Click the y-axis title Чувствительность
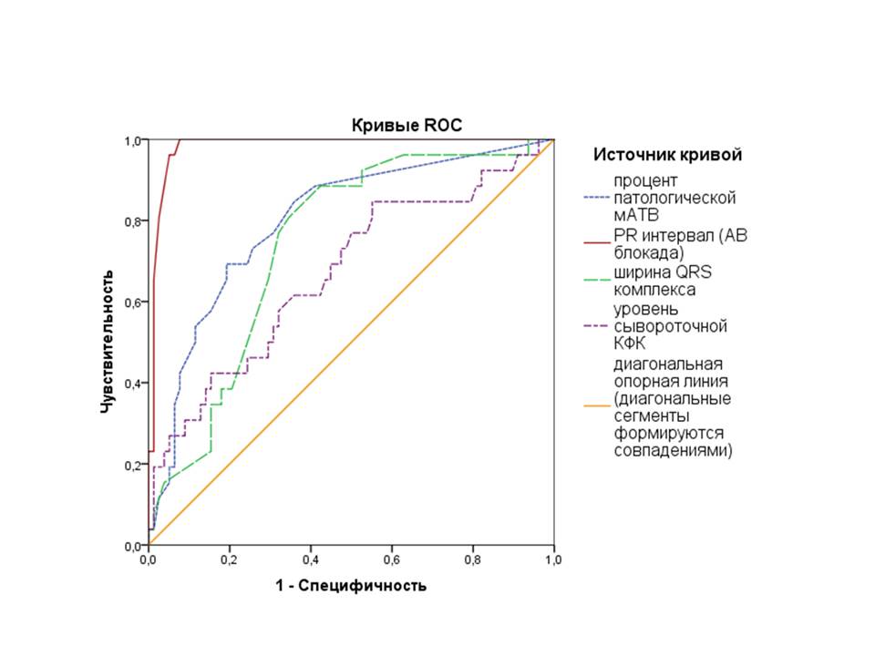click(107, 342)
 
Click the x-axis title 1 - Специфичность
click(351, 585)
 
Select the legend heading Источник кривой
click(667, 155)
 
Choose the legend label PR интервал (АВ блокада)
click(674, 244)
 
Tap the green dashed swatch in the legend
click(596, 282)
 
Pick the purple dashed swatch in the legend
click(596, 326)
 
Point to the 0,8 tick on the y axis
click(132, 221)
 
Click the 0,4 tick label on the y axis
click(132, 384)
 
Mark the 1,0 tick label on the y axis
click(132, 141)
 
